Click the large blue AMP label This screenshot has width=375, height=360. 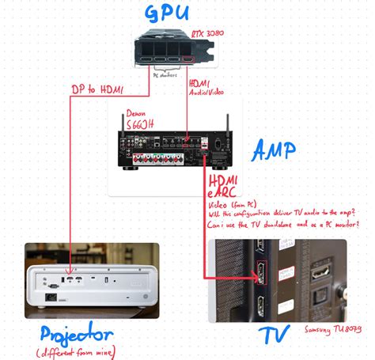(275, 149)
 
